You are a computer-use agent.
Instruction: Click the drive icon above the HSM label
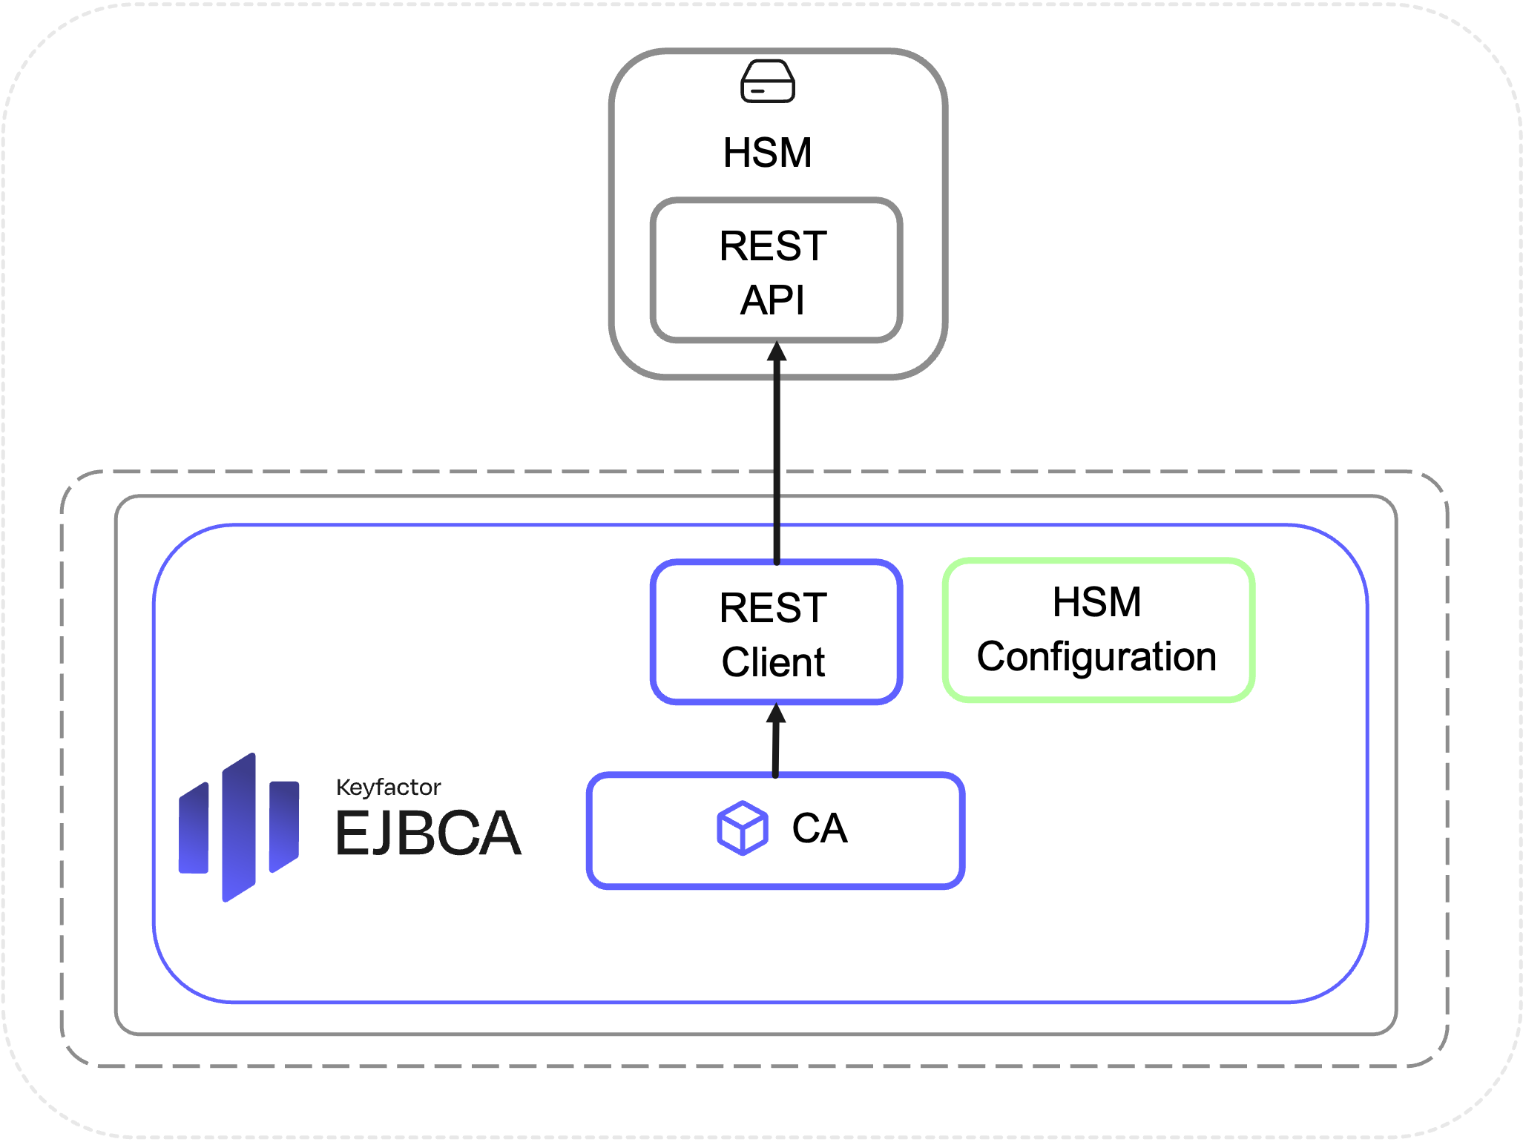click(x=768, y=81)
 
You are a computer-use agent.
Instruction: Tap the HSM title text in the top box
click(x=768, y=153)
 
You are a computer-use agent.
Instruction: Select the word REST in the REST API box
click(x=773, y=246)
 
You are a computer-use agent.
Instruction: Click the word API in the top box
click(x=772, y=300)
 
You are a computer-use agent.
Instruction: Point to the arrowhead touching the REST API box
click(x=777, y=351)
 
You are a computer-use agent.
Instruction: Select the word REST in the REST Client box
click(x=773, y=608)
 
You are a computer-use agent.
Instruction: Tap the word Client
click(x=773, y=662)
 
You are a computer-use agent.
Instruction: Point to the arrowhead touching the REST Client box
click(x=776, y=713)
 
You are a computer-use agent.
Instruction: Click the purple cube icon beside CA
click(x=742, y=828)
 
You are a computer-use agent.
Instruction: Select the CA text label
click(x=820, y=828)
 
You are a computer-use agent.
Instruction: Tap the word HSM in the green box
click(x=1097, y=601)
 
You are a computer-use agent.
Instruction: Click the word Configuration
click(x=1097, y=657)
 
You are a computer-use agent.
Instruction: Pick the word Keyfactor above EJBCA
click(x=388, y=787)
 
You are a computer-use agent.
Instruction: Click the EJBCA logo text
click(x=428, y=834)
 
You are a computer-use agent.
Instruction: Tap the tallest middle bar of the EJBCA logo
click(x=239, y=827)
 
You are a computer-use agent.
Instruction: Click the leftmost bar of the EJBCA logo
click(x=194, y=829)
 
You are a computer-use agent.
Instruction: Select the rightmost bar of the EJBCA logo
click(x=284, y=825)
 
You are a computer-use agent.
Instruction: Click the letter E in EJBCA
click(x=349, y=834)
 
